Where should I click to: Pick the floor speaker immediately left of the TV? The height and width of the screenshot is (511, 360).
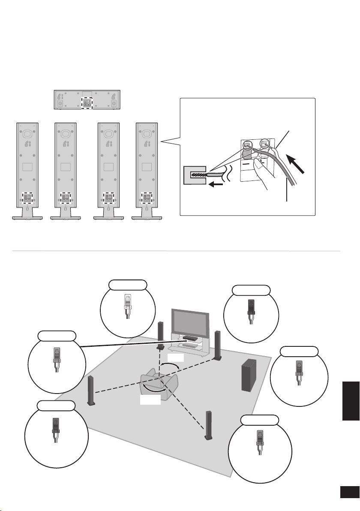(161, 334)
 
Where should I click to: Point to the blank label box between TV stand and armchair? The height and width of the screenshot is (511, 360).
(175, 357)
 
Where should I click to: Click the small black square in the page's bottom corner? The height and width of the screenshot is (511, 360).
(349, 493)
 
